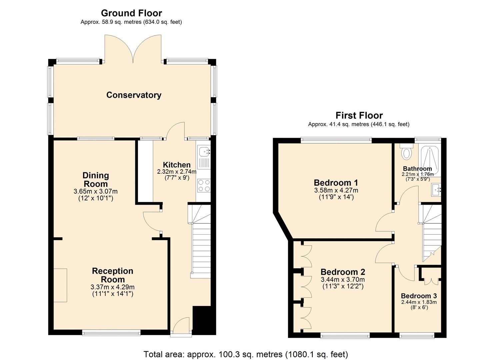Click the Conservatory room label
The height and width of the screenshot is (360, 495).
coord(134,95)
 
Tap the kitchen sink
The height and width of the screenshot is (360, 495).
coord(203,152)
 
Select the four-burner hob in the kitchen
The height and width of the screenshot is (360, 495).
coord(204,186)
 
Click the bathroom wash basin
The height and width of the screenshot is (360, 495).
coord(436,190)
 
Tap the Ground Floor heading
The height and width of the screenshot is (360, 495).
coord(131,13)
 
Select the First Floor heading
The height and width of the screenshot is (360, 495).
coord(359,115)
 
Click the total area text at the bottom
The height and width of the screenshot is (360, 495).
coord(246,354)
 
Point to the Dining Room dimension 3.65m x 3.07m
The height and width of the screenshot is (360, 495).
coord(95,192)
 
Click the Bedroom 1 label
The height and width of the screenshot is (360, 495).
coord(336,183)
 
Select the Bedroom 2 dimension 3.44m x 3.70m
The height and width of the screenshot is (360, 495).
coord(343,280)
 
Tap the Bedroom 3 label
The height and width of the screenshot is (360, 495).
coord(419,296)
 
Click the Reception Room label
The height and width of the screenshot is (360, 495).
coord(112,275)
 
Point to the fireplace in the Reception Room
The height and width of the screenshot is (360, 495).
coord(60,285)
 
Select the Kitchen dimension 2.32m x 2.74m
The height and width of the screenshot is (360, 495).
coord(177,172)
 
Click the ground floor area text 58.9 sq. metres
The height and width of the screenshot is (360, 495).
coord(131,22)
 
